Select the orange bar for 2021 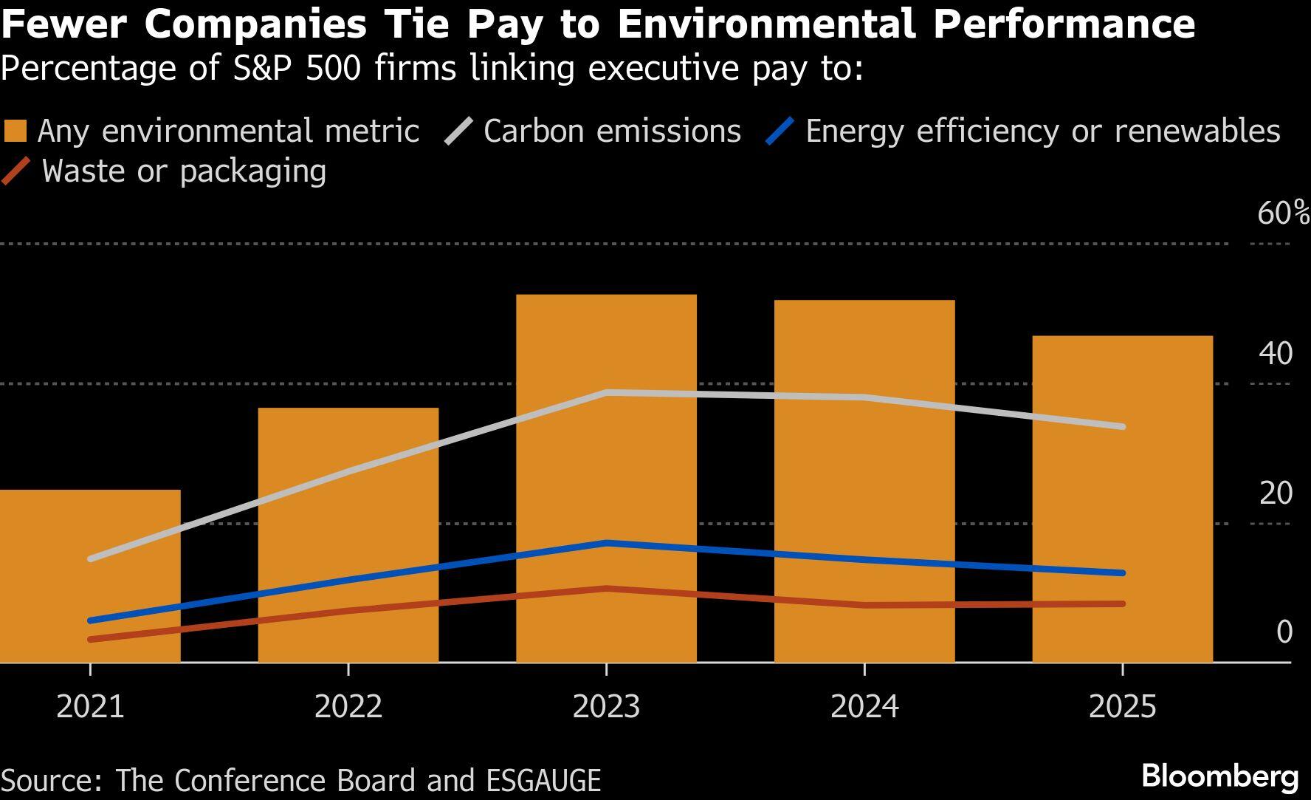coord(90,576)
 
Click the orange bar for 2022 coord(348,535)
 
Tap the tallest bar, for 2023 coord(606,478)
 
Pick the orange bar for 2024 coord(864,481)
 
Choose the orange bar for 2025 coord(1122,499)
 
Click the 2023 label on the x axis coord(606,707)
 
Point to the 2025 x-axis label coord(1122,707)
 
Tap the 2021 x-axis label coord(90,707)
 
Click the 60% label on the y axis coord(1283,213)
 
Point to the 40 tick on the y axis coord(1276,353)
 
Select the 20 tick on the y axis coord(1276,493)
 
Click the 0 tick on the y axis coord(1284,632)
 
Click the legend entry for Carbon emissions coord(612,131)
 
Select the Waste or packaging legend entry coord(184,171)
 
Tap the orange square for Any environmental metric coord(16,131)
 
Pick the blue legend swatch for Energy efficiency coord(780,131)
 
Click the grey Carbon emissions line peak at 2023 coord(606,392)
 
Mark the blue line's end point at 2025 coord(1122,572)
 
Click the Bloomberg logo coord(1219,777)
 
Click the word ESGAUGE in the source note coord(543,781)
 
